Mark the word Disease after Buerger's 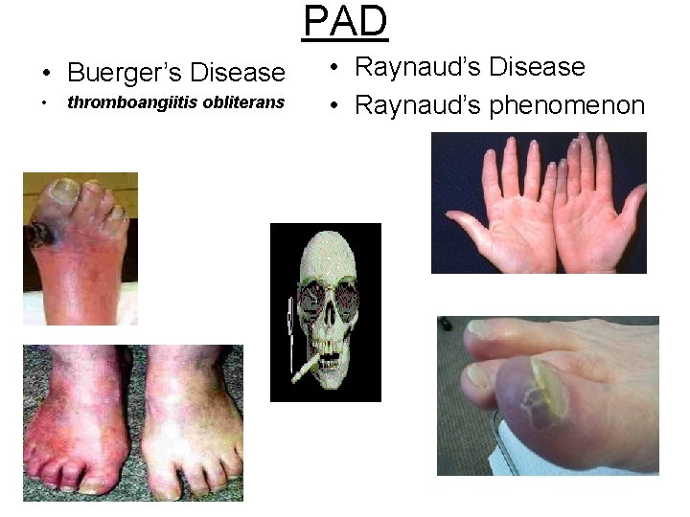(x=238, y=73)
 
